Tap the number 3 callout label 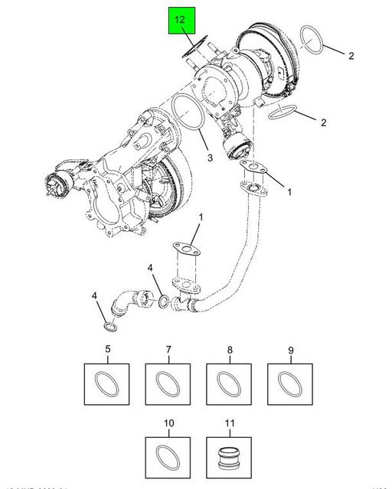click(x=210, y=158)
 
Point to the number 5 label click(x=107, y=350)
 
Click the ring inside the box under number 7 click(x=168, y=382)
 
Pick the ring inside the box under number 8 click(x=229, y=382)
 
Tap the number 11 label click(x=229, y=423)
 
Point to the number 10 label click(x=168, y=423)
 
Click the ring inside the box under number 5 click(x=107, y=382)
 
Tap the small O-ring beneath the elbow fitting click(x=110, y=328)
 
